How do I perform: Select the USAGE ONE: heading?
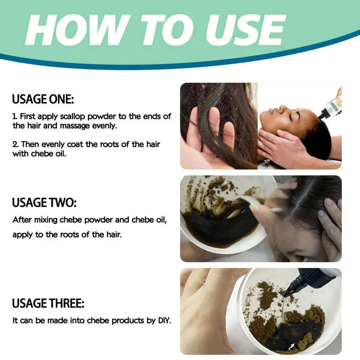(43, 99)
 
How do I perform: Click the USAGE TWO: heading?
(43, 203)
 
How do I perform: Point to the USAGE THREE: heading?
(48, 303)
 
